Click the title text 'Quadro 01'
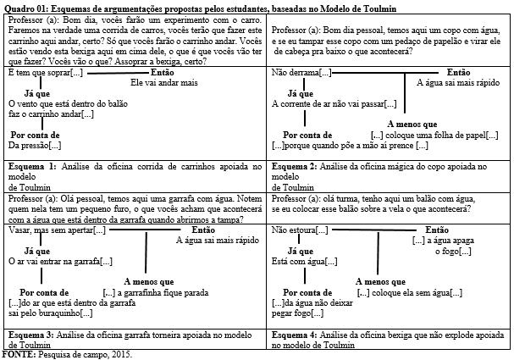click(x=25, y=7)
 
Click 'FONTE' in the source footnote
click(x=17, y=352)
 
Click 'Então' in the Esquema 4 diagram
click(x=436, y=230)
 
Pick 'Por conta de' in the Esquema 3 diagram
click(x=42, y=292)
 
